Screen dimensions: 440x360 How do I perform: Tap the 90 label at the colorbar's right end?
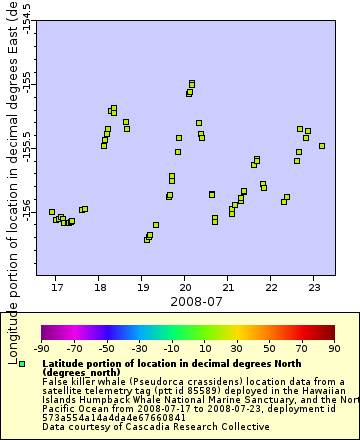click(x=333, y=348)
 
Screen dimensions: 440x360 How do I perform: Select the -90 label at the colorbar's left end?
click(x=41, y=348)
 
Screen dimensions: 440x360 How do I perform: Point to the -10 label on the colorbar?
click(x=171, y=348)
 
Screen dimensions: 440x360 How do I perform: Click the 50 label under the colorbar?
click(x=268, y=348)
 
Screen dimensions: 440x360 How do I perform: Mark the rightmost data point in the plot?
click(x=322, y=146)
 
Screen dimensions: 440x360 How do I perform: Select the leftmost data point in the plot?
click(x=52, y=212)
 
